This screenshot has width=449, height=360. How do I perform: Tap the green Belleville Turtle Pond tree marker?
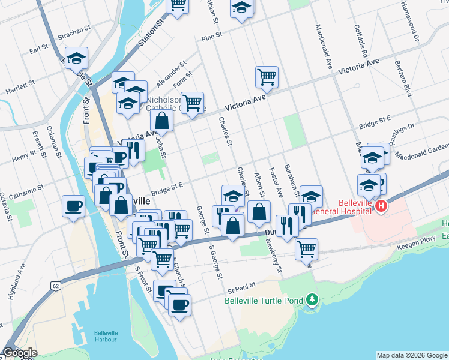point(311,299)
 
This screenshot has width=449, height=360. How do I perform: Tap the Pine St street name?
point(212,38)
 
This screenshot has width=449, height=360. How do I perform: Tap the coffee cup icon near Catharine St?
point(74,206)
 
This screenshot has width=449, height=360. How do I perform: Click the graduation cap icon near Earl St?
point(76,58)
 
